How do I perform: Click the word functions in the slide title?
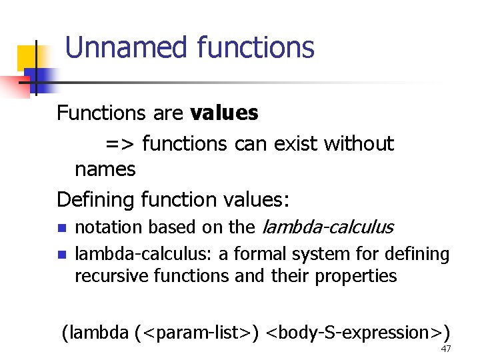tap(255, 48)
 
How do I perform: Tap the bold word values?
tap(224, 113)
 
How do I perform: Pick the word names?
tap(105, 169)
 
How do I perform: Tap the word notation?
tap(109, 227)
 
